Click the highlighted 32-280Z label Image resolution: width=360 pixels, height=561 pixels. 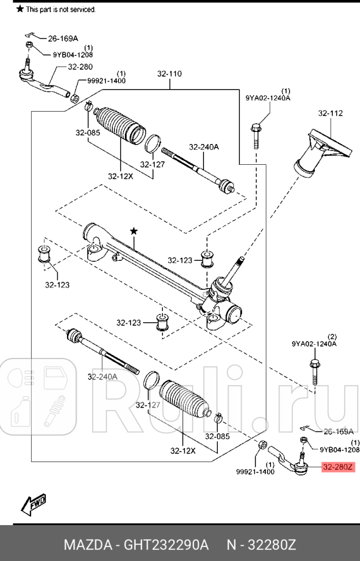pos(337,467)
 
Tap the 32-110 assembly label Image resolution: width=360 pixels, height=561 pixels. pos(169,74)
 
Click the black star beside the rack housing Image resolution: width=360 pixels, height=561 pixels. pos(134,231)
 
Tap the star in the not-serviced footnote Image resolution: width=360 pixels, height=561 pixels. pos(20,9)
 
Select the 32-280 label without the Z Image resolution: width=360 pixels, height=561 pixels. pos(80,67)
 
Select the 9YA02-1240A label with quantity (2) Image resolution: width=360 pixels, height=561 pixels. pos(314,344)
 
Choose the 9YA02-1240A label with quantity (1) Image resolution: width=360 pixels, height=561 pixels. pos(268,98)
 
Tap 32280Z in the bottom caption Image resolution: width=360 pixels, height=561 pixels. pos(272,544)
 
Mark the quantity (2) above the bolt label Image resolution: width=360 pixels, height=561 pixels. pos(332,336)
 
